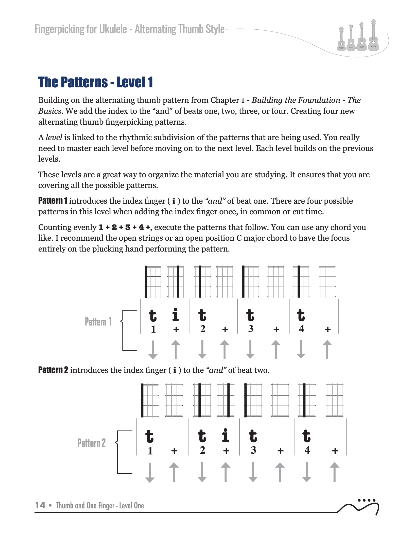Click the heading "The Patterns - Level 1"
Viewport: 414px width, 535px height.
pos(95,82)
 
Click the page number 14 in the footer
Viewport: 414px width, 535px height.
pos(40,505)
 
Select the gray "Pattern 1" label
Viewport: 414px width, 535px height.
pos(98,322)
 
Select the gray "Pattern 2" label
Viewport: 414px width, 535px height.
pos(91,443)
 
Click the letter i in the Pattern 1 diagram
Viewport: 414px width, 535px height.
pos(175,315)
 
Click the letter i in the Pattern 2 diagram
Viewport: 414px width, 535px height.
pos(225,435)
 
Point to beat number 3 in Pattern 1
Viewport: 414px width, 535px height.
pos(251,329)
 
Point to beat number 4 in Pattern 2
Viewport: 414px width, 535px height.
pos(307,450)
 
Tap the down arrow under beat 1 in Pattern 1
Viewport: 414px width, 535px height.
pos(153,350)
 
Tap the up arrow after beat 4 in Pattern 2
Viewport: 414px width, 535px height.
pos(334,472)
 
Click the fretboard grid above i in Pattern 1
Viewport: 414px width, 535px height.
pos(176,281)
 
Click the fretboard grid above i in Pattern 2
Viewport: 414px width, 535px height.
pos(226,400)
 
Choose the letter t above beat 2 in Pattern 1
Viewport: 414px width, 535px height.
pos(202,315)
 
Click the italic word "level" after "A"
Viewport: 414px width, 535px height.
pos(54,137)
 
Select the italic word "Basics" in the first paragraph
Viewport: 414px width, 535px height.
pos(50,111)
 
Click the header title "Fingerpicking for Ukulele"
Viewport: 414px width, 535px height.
pos(81,29)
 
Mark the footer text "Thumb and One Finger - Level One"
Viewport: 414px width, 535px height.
pos(100,505)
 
